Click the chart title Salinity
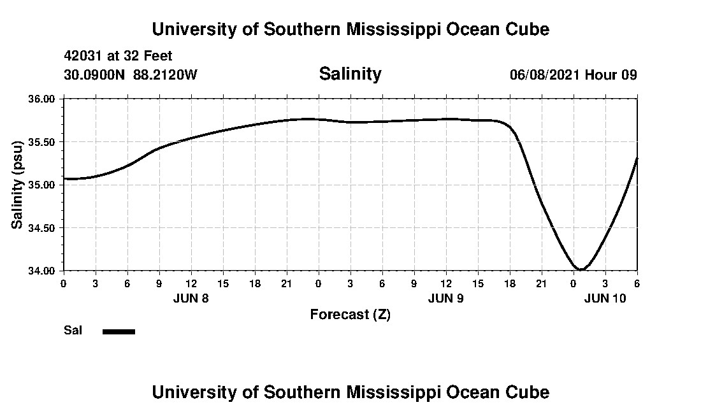pyautogui.click(x=350, y=74)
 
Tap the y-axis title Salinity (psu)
pyautogui.click(x=18, y=184)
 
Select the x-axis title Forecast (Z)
pyautogui.click(x=350, y=315)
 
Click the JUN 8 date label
pyautogui.click(x=191, y=298)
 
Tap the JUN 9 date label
pyautogui.click(x=445, y=298)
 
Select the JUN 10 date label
pyautogui.click(x=605, y=298)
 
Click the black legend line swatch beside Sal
pyautogui.click(x=119, y=331)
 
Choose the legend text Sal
pyautogui.click(x=71, y=331)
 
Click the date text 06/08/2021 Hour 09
pyautogui.click(x=573, y=75)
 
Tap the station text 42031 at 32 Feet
pyautogui.click(x=118, y=56)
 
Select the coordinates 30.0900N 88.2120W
pyautogui.click(x=131, y=75)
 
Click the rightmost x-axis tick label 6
pyautogui.click(x=637, y=283)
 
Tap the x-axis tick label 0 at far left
pyautogui.click(x=63, y=283)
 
